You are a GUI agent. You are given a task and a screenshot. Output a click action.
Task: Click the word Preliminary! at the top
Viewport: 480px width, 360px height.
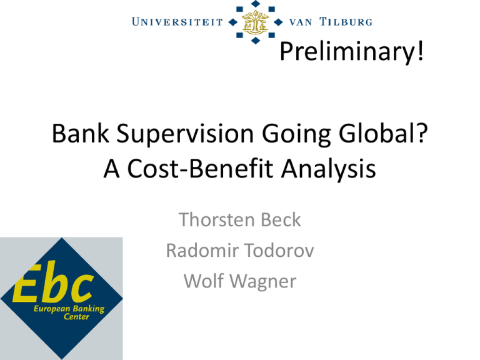(x=352, y=52)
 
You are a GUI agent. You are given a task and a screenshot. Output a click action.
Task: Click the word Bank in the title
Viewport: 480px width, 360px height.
(x=81, y=134)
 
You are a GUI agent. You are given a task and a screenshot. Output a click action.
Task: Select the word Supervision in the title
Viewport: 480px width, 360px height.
(x=185, y=135)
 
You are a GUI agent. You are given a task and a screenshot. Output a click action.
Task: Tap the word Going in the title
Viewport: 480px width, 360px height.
(x=296, y=135)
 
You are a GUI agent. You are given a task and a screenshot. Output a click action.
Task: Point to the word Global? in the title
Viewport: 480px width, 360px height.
(x=383, y=134)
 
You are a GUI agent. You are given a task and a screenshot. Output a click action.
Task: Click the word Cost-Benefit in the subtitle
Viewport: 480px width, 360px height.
(x=200, y=168)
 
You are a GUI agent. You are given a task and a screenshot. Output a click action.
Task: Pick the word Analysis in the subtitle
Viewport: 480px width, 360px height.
(x=328, y=169)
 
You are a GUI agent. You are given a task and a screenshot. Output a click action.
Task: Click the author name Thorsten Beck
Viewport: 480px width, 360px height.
(x=240, y=219)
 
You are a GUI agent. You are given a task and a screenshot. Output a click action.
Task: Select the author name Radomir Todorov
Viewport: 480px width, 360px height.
(x=240, y=250)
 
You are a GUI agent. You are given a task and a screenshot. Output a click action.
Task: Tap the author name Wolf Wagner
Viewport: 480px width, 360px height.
(x=240, y=282)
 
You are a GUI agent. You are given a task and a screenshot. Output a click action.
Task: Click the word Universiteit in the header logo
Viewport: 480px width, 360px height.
(x=177, y=22)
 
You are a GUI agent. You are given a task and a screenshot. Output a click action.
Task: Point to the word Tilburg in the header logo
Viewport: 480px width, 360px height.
(x=346, y=22)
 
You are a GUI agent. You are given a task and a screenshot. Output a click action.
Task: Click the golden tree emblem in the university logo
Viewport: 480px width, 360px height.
(x=255, y=21)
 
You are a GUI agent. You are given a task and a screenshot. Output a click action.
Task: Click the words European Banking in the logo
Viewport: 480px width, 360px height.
(x=69, y=309)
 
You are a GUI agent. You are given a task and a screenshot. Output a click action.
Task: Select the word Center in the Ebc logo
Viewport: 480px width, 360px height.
(x=76, y=316)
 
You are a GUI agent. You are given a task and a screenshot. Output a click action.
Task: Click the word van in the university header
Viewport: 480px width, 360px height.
(x=301, y=22)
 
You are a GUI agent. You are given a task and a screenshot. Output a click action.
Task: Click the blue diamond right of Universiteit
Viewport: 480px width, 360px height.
(x=233, y=22)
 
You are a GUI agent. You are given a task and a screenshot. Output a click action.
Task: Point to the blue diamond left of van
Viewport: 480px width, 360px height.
(x=278, y=22)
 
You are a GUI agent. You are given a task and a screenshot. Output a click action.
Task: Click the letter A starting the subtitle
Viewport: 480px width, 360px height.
(x=111, y=168)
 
